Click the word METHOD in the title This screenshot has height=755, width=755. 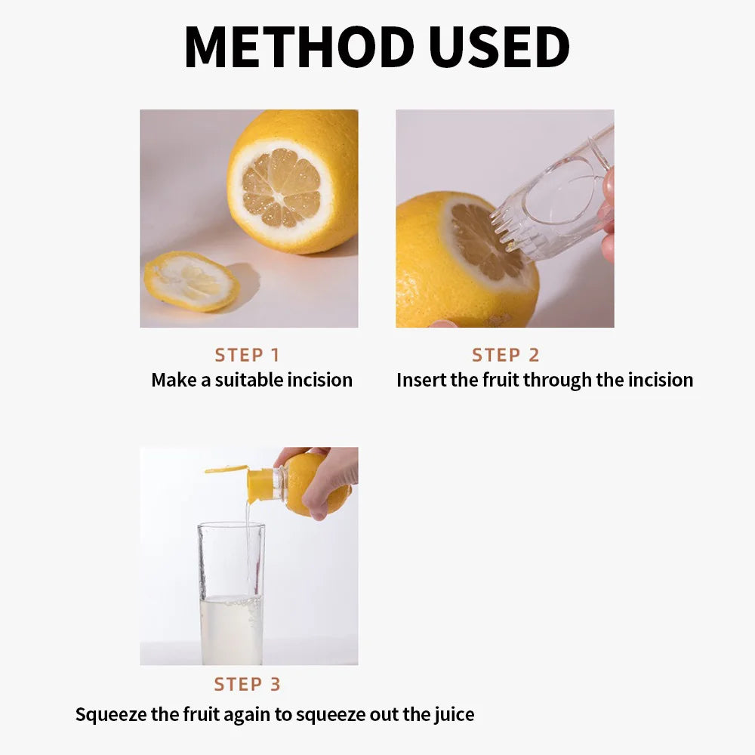(299, 48)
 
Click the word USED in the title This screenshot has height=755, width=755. (498, 48)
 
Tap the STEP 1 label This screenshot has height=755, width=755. (247, 355)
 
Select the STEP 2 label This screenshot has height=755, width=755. (505, 355)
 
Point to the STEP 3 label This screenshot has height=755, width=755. (247, 684)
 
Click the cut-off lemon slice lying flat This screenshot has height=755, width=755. (191, 281)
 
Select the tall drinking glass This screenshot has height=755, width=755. (231, 593)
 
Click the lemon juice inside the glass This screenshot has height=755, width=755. (231, 630)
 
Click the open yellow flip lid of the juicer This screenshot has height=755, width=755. (226, 469)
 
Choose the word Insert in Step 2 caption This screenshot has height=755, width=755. (421, 380)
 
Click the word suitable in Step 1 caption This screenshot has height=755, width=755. (249, 380)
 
